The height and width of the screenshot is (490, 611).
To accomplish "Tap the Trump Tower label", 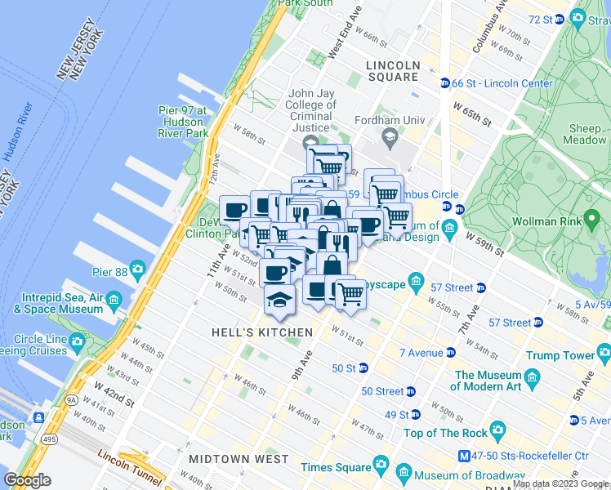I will pyautogui.click(x=560, y=355).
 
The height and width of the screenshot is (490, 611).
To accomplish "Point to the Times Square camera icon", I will pyautogui.click(x=380, y=466).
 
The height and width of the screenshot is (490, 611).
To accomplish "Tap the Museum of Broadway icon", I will pyautogui.click(x=403, y=472).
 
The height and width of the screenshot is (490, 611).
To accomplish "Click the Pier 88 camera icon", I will pyautogui.click(x=137, y=269).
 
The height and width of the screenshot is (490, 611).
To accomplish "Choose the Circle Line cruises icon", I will pyautogui.click(x=77, y=340).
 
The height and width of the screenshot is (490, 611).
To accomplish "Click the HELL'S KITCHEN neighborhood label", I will pyautogui.click(x=261, y=332).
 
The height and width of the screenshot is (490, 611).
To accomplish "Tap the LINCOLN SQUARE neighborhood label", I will pyautogui.click(x=393, y=71).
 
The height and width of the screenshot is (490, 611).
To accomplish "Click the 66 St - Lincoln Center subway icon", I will pyautogui.click(x=444, y=83).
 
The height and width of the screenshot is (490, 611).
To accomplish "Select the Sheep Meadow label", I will pyautogui.click(x=586, y=134).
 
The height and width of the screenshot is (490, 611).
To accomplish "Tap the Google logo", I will pyautogui.click(x=28, y=479).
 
